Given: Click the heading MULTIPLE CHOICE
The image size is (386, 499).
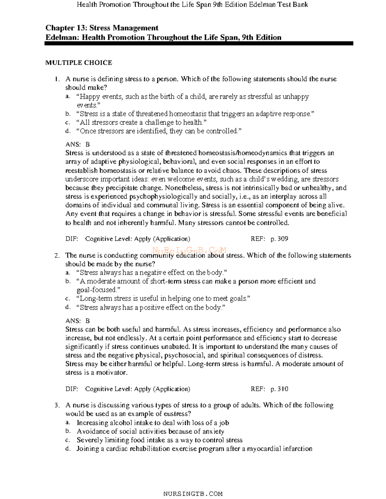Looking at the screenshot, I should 78,63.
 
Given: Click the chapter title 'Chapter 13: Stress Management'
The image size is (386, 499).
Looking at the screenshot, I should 102,28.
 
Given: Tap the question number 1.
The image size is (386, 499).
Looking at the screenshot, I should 57,79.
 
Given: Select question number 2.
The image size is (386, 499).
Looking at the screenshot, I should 57,255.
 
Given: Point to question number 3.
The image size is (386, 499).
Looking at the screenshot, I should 57,405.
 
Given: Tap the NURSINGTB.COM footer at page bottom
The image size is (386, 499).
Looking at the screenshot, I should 193,494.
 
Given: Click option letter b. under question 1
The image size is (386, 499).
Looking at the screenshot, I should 68,114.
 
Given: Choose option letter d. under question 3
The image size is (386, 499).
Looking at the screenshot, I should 68,449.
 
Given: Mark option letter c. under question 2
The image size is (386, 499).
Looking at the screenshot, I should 68,299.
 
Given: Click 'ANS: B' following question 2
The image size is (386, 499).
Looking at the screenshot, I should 78,321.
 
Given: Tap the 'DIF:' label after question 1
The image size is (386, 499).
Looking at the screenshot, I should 72,239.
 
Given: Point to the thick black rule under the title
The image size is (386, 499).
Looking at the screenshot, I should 199,43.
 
